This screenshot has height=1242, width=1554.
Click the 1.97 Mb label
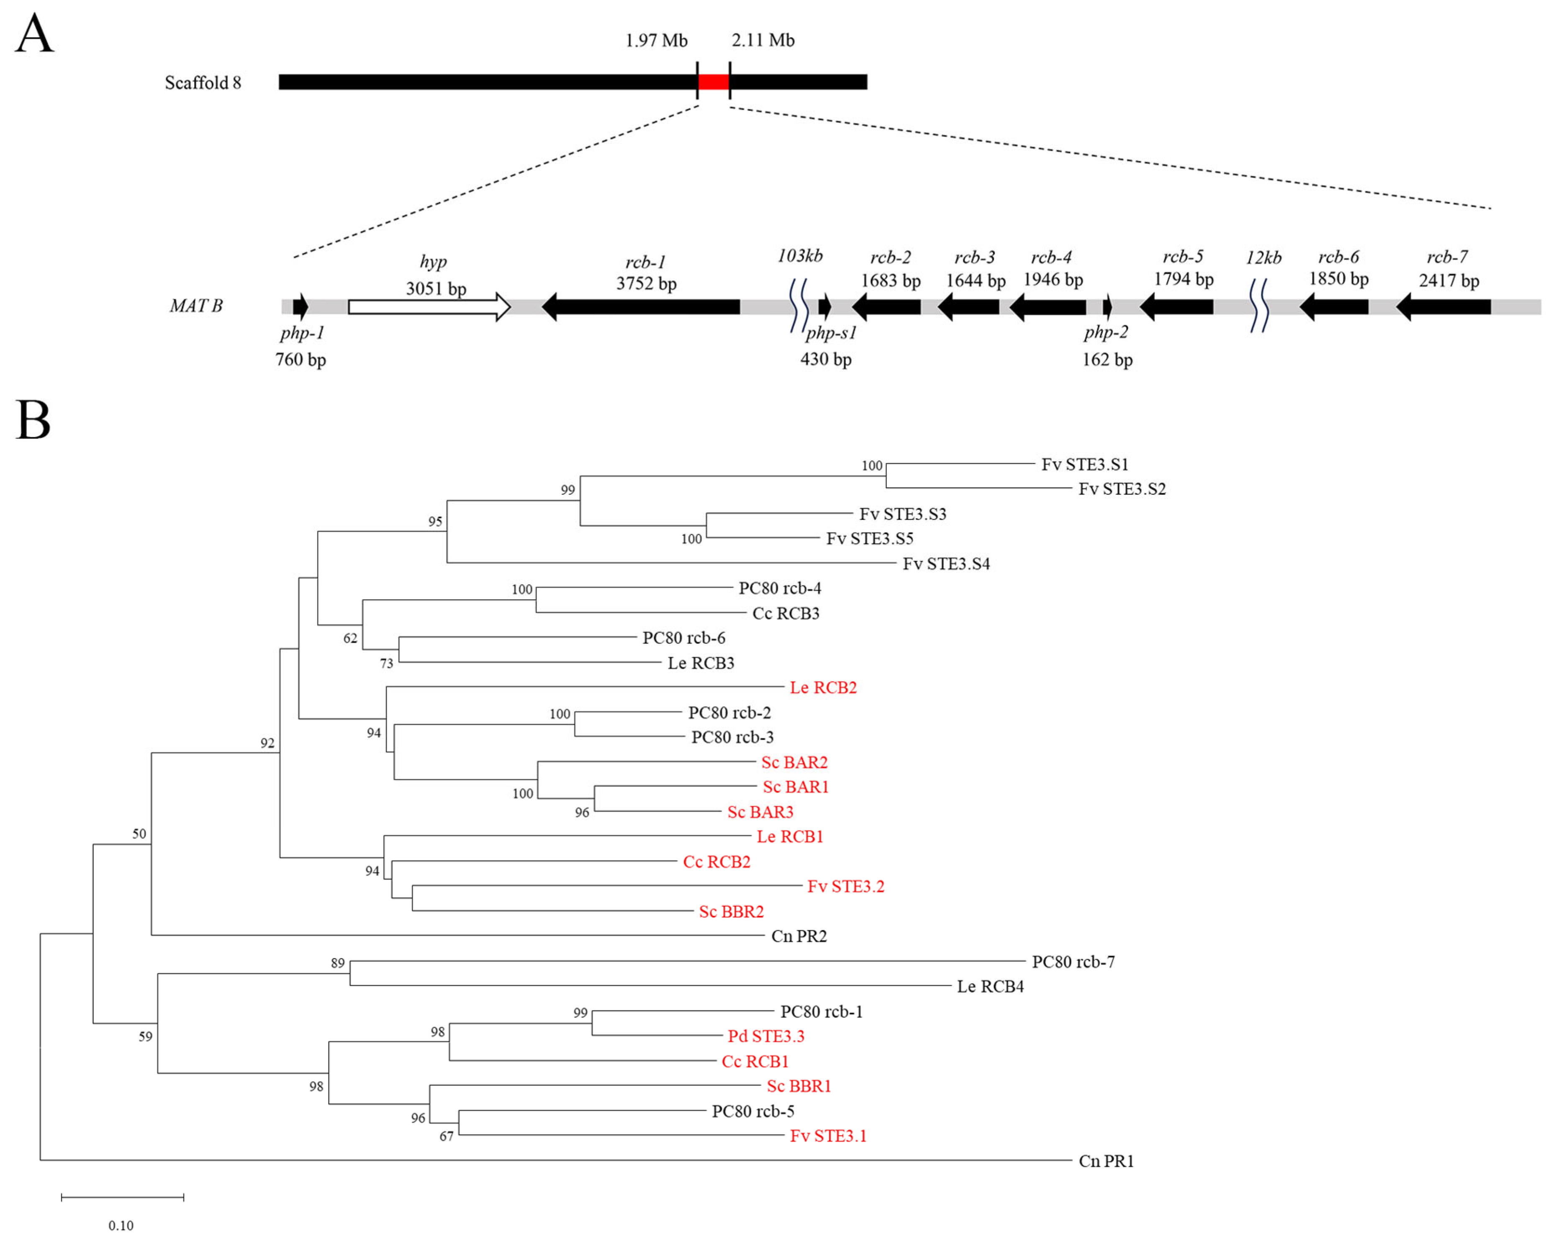pyautogui.click(x=656, y=40)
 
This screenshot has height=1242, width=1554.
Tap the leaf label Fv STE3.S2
pyautogui.click(x=1122, y=489)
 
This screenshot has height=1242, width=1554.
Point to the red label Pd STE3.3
pyautogui.click(x=765, y=1036)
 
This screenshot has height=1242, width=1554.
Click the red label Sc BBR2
pyautogui.click(x=731, y=912)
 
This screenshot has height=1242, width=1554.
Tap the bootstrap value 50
pyautogui.click(x=139, y=834)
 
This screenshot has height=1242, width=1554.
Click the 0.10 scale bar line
pyautogui.click(x=123, y=1197)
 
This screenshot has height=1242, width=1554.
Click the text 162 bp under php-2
pyautogui.click(x=1107, y=360)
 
